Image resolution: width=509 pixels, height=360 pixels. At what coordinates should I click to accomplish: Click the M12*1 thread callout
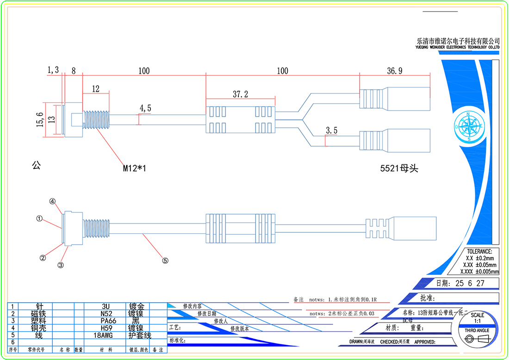134,169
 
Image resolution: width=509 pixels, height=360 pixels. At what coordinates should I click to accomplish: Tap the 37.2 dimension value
240,94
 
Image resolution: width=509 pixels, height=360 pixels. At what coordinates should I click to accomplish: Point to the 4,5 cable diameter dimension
145,108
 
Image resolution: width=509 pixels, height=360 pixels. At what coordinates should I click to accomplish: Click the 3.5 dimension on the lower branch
332,131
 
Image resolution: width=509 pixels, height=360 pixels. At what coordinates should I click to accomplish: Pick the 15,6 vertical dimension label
40,119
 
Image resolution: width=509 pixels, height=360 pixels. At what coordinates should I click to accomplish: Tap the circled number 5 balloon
165,260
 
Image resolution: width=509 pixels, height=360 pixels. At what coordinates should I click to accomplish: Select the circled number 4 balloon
53,202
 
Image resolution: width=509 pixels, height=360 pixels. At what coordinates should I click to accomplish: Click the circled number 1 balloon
40,218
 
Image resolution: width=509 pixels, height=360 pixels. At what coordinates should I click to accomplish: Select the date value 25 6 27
470,283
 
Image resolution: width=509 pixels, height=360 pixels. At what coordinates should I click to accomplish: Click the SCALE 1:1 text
477,317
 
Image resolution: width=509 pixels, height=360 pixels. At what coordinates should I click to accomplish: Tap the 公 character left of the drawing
36,165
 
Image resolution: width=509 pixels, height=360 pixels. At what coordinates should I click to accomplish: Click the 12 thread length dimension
96,89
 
